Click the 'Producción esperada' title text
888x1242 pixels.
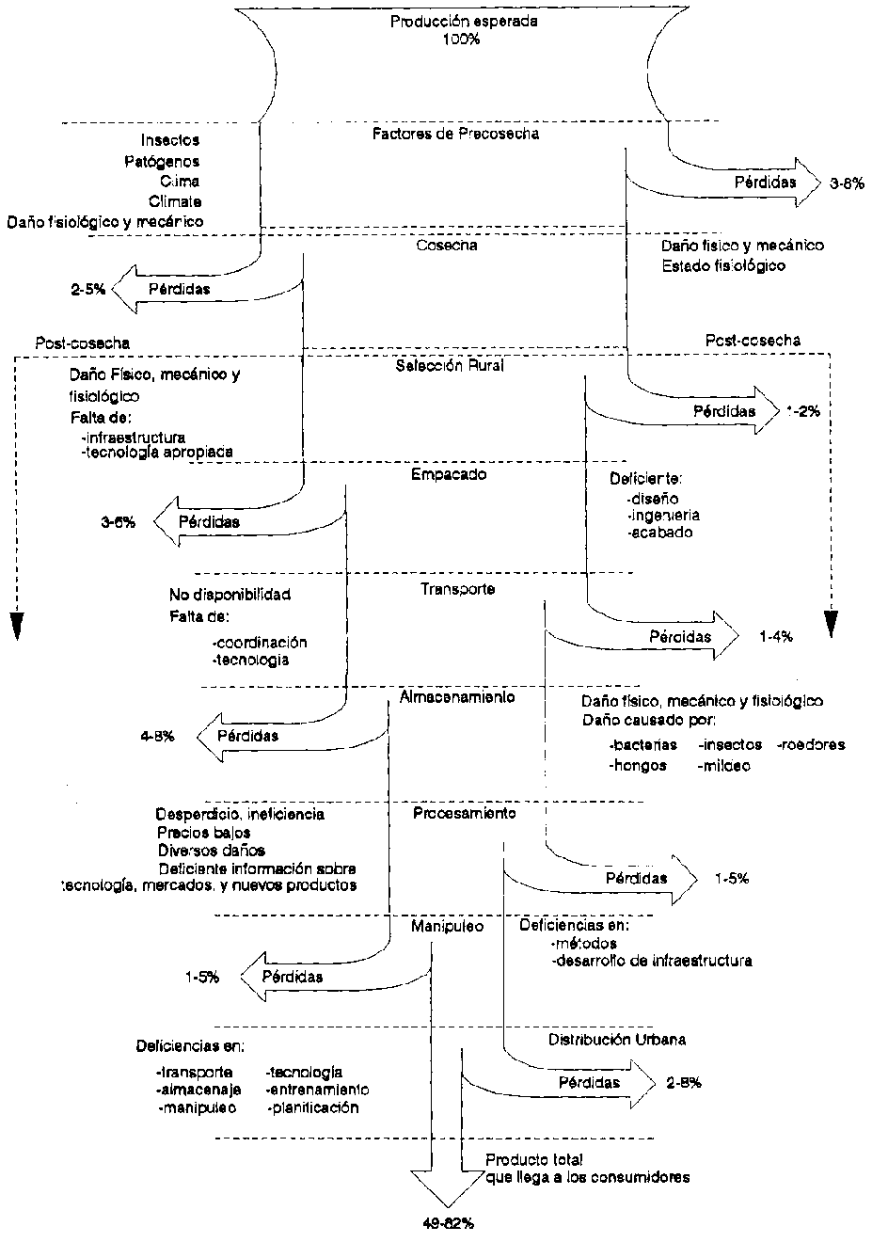tap(464, 21)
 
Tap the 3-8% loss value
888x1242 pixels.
tap(847, 184)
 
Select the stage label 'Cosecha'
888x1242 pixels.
tap(447, 246)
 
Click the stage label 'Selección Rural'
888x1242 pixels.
tap(451, 365)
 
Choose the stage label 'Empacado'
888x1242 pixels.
tap(449, 474)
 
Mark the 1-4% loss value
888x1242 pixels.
tap(776, 637)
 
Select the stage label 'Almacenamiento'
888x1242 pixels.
tap(457, 697)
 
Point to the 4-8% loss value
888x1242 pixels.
tap(157, 737)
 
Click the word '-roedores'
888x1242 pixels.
tap(811, 744)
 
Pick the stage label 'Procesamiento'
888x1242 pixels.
tap(465, 812)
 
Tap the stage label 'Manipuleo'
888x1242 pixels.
tap(447, 926)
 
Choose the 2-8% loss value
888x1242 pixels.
tap(683, 1083)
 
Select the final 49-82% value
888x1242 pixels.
tap(447, 1224)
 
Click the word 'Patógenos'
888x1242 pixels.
tap(162, 161)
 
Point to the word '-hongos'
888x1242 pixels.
tap(638, 766)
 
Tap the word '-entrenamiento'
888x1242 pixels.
tap(318, 1090)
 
